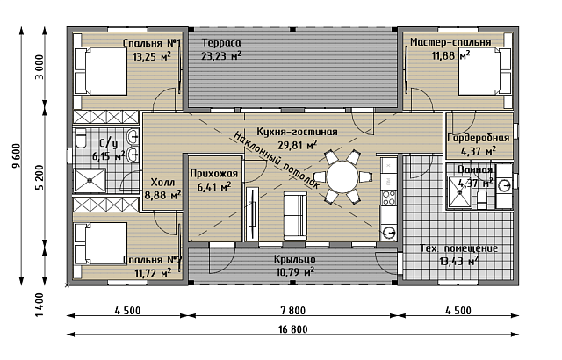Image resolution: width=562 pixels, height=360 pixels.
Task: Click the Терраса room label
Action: [221, 43]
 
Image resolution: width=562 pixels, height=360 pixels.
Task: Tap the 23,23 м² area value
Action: [220, 56]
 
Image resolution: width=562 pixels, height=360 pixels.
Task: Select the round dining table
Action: [342, 177]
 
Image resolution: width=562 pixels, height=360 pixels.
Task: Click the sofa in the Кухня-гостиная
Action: [295, 216]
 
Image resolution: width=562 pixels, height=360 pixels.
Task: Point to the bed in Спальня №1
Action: [101, 71]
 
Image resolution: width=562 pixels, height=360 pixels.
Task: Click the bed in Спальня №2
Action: [101, 243]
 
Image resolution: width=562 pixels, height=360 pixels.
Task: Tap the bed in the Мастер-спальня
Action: [486, 71]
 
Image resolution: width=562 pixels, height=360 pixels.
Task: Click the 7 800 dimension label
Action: [293, 310]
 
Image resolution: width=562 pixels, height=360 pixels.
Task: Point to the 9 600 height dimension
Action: [16, 155]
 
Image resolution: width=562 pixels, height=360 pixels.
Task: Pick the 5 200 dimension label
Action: [40, 177]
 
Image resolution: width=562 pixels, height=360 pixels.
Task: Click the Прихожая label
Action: [214, 174]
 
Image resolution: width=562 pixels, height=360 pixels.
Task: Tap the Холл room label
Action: [162, 183]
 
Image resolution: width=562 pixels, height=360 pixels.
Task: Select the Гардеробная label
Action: [479, 138]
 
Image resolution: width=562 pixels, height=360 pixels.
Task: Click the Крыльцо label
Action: [295, 259]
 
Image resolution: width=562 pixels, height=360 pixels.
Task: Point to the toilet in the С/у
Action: [81, 138]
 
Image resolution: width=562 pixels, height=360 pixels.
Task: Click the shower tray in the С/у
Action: [90, 181]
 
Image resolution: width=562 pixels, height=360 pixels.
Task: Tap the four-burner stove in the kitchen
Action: [389, 198]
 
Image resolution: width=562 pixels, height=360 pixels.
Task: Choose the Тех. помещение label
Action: [458, 248]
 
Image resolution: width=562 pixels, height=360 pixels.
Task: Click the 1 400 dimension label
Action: [40, 305]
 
